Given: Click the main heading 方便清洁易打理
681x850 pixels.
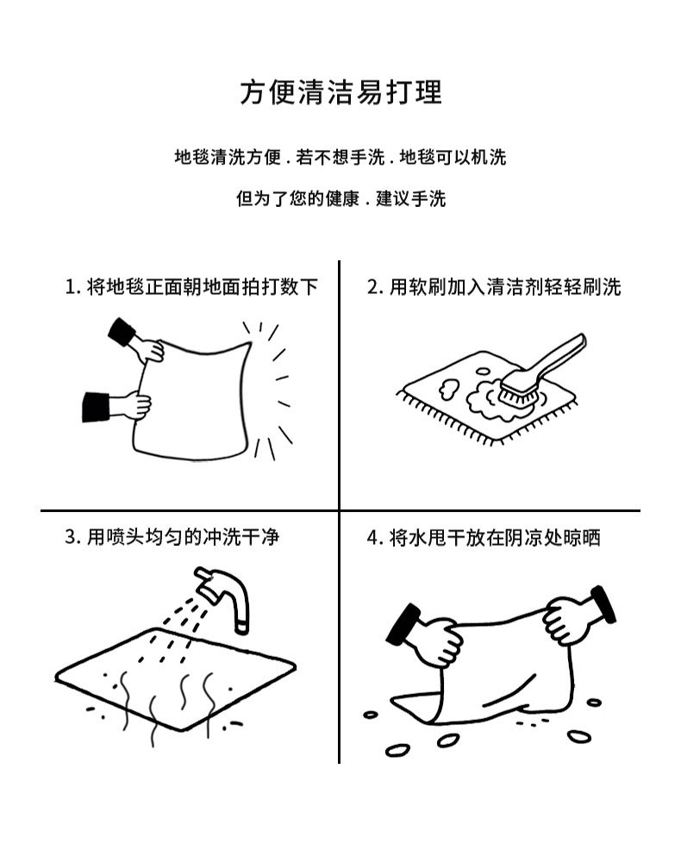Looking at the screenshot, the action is coord(340,92).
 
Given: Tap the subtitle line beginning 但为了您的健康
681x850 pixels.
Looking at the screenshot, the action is coord(340,199).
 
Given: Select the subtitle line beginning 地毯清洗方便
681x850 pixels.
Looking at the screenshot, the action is coord(340,157).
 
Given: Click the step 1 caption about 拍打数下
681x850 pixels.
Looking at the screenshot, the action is coord(191,286).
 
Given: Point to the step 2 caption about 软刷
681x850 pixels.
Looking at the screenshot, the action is coord(493,286).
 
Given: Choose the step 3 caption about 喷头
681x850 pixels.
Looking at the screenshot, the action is coord(172,537).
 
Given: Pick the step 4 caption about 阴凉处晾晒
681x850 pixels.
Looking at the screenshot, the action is coord(484,537).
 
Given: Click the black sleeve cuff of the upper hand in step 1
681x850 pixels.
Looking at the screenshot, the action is coord(120,331).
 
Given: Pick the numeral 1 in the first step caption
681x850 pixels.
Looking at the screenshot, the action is coord(70,286).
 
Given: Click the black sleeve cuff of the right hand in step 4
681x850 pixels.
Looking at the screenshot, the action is coord(603,603).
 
